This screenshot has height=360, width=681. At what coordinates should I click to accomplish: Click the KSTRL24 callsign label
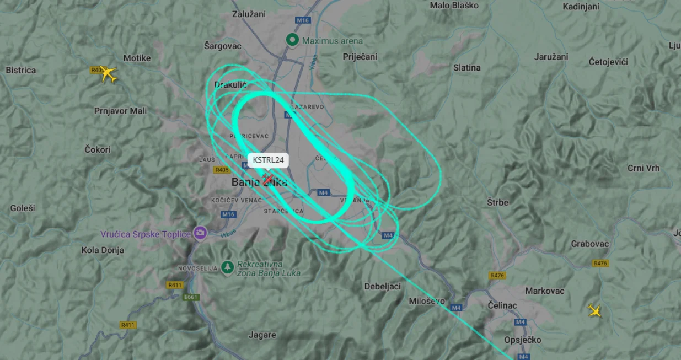click(x=269, y=160)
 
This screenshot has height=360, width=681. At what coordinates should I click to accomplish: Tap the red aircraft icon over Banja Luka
click(x=268, y=179)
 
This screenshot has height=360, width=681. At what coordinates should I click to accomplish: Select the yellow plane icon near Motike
click(x=109, y=74)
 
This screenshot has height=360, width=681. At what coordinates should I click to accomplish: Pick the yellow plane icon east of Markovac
click(x=595, y=311)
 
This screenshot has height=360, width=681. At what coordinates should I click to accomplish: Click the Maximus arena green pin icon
click(x=292, y=40)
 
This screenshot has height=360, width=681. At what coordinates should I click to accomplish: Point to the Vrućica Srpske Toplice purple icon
click(x=200, y=233)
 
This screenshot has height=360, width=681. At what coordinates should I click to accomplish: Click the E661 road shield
click(x=191, y=297)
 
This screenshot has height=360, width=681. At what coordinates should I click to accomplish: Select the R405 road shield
click(x=223, y=170)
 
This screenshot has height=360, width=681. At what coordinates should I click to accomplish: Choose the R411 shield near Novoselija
click(x=175, y=285)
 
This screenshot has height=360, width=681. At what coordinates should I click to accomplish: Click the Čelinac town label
click(x=501, y=305)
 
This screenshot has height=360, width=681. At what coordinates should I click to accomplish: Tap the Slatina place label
click(x=466, y=68)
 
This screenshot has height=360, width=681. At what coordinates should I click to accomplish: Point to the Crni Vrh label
click(x=643, y=168)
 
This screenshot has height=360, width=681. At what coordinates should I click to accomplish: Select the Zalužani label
click(x=249, y=14)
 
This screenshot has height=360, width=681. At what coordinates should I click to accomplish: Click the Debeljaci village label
click(x=382, y=286)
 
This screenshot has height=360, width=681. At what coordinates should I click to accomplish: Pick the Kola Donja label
click(x=103, y=250)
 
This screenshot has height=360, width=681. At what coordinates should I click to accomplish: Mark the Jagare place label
click(x=262, y=335)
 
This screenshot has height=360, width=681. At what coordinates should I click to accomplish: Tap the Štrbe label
click(x=497, y=202)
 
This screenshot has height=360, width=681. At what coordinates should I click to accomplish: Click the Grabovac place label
click(x=589, y=244)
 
